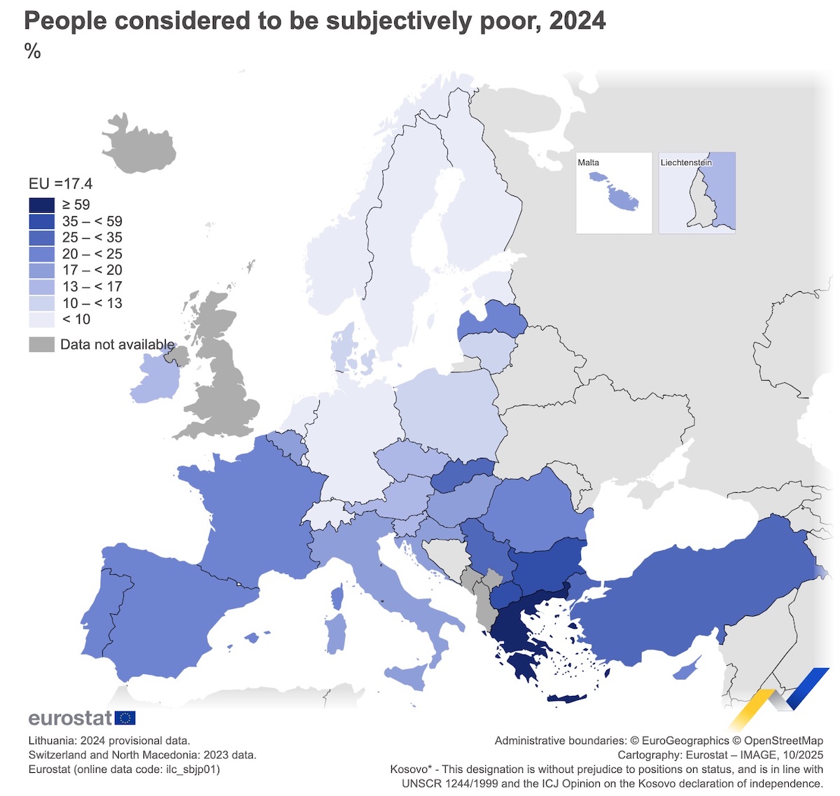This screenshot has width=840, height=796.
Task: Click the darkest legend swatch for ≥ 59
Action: click(41, 205)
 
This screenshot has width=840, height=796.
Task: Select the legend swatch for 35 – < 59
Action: click(41, 221)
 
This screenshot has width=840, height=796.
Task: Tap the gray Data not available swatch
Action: click(41, 344)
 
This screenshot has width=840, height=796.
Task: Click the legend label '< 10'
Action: click(76, 320)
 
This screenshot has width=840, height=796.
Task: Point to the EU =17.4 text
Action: click(60, 184)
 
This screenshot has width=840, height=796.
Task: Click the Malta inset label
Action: click(588, 162)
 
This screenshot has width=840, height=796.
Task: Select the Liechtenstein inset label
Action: click(686, 162)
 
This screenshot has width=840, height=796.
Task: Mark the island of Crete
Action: click(568, 698)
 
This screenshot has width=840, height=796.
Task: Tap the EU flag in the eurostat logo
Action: click(125, 718)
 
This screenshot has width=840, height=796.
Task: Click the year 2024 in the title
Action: click(577, 21)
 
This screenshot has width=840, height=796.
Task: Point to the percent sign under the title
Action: click(32, 51)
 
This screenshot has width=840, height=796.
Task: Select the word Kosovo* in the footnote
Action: click(410, 769)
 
